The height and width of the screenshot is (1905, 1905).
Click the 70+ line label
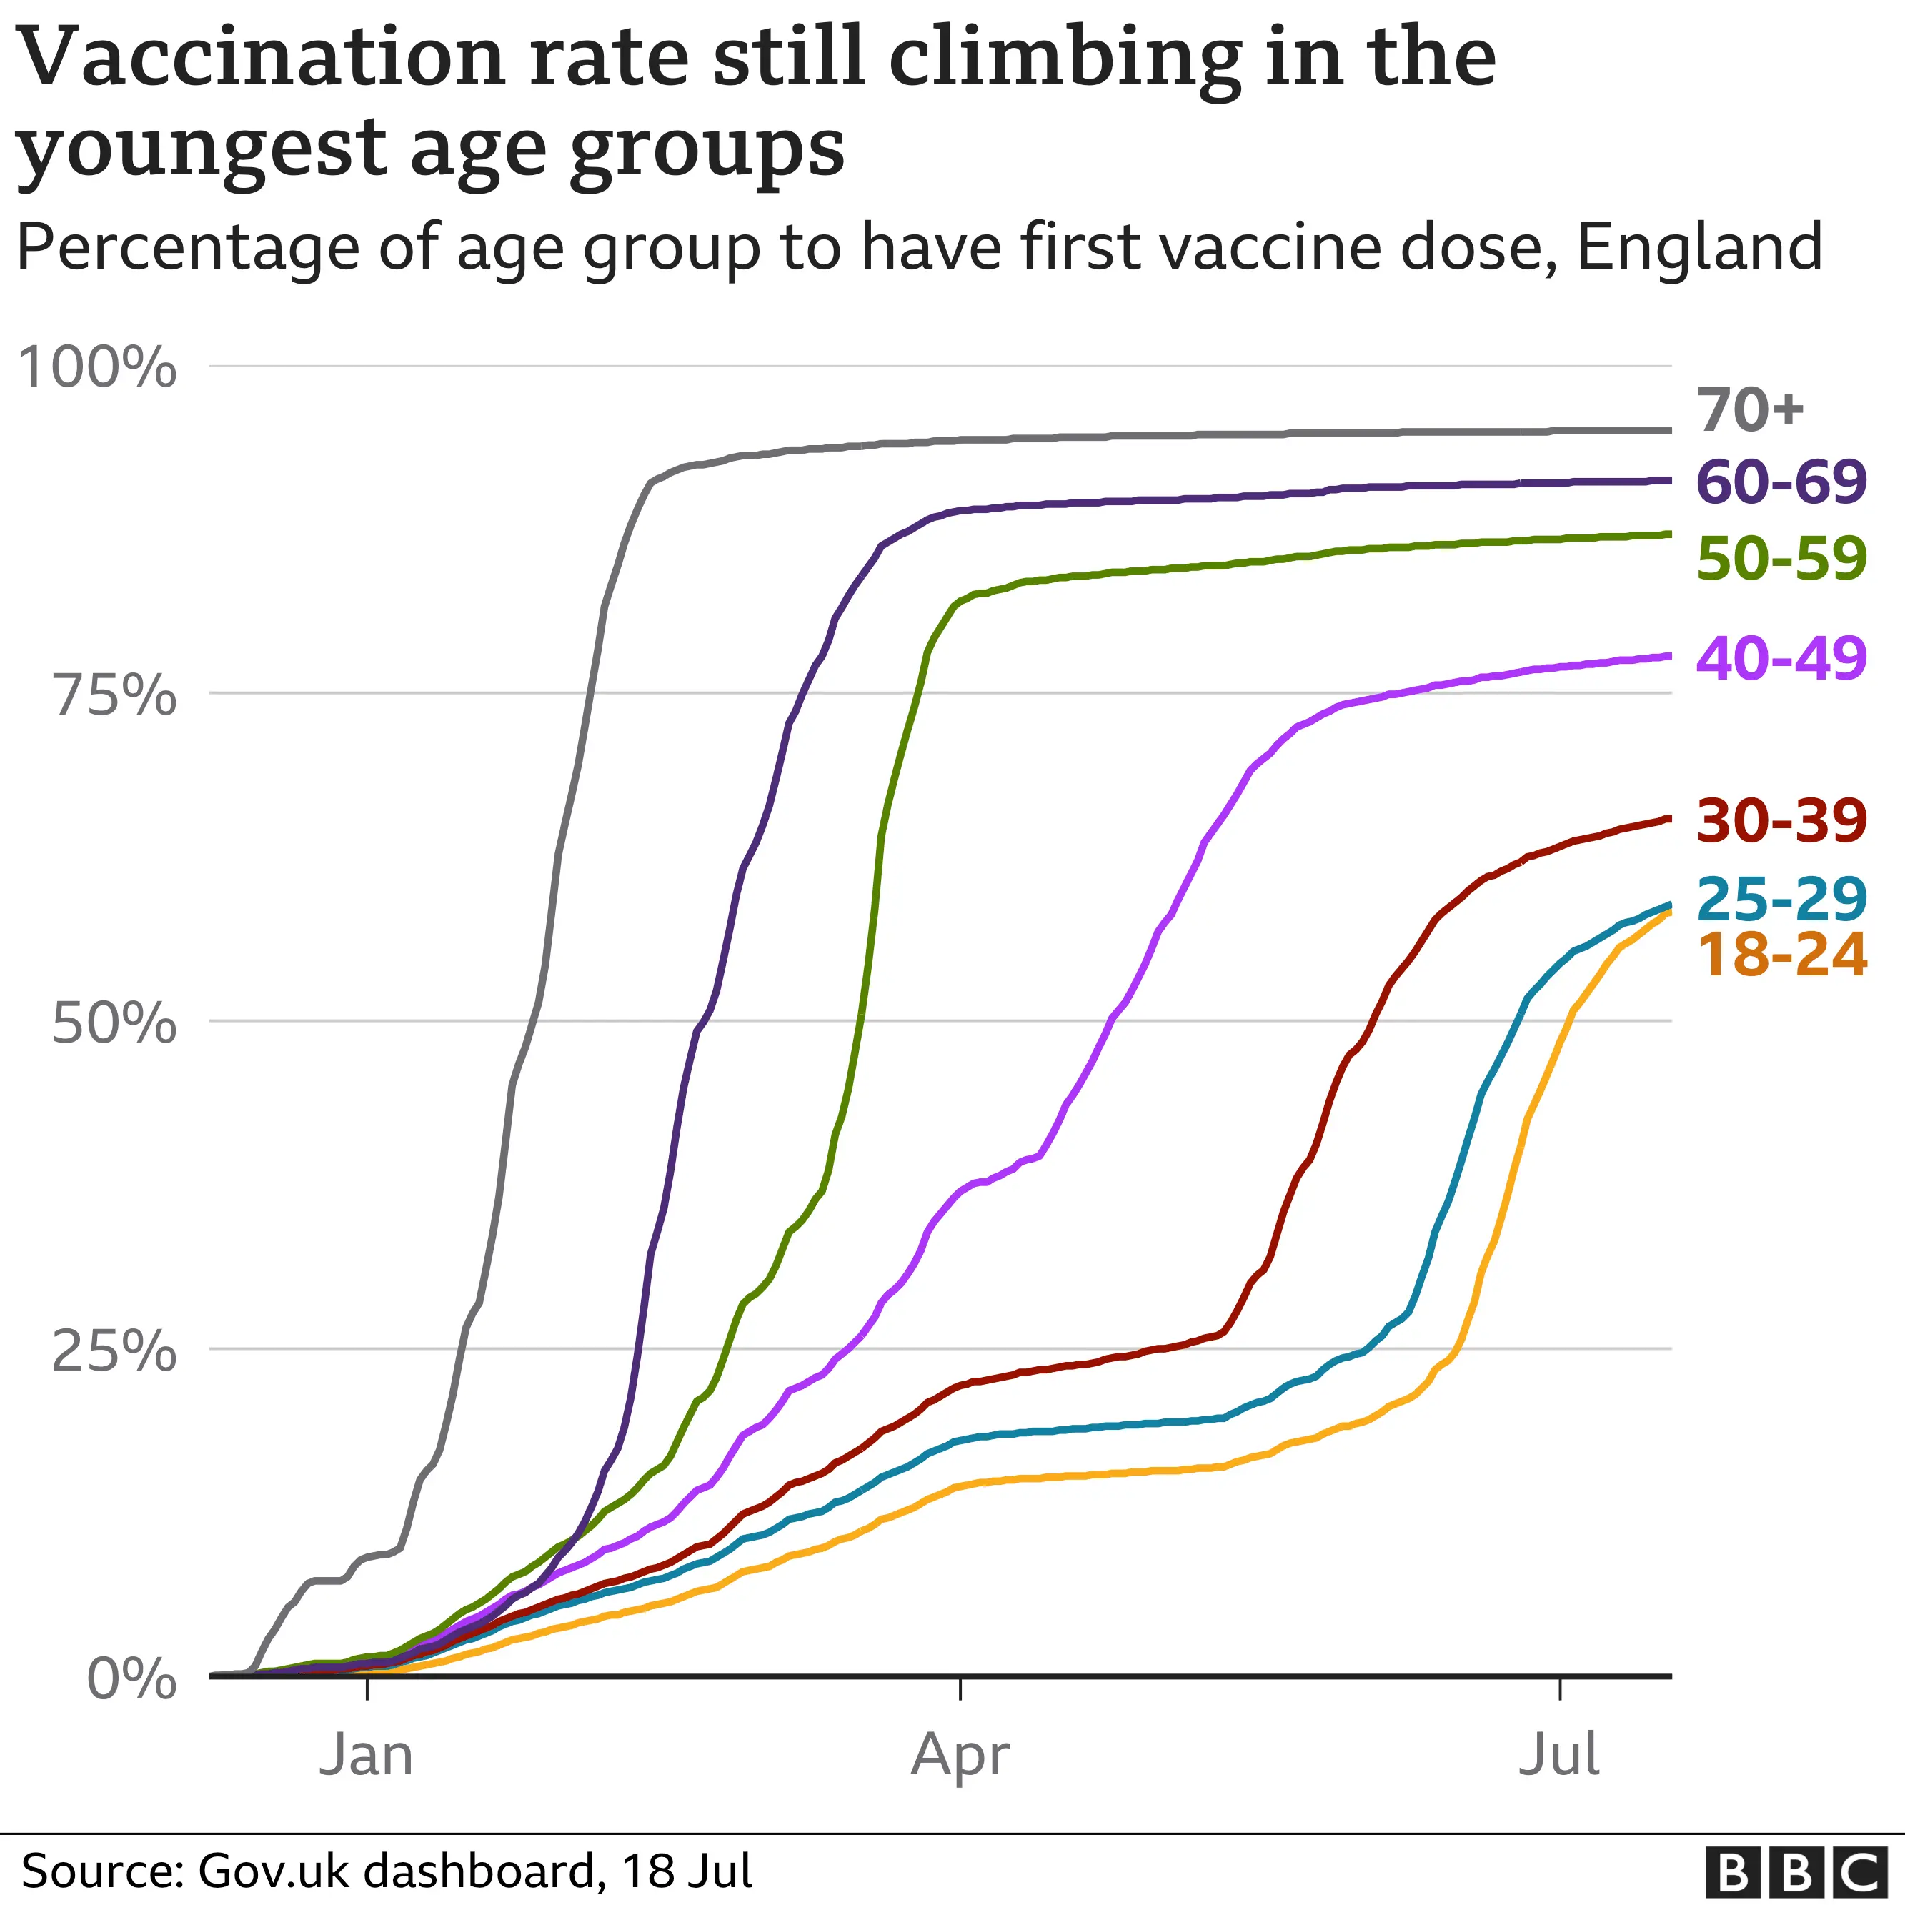click(1750, 410)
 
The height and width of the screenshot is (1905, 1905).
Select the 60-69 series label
click(1781, 482)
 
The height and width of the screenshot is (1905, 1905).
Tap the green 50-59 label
click(1781, 559)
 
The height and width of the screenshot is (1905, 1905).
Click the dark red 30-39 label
click(1781, 820)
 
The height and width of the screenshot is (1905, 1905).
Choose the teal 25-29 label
click(1781, 899)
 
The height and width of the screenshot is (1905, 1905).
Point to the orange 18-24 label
click(1781, 955)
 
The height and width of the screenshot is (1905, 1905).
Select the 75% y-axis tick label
click(114, 695)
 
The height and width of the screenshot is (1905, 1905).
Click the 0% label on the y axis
click(132, 1679)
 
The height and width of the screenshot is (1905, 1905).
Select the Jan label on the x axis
click(366, 1755)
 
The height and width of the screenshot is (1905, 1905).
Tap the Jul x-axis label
click(1559, 1755)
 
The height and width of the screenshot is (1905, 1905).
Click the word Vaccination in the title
click(262, 56)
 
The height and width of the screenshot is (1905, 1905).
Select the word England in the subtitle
click(1699, 247)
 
